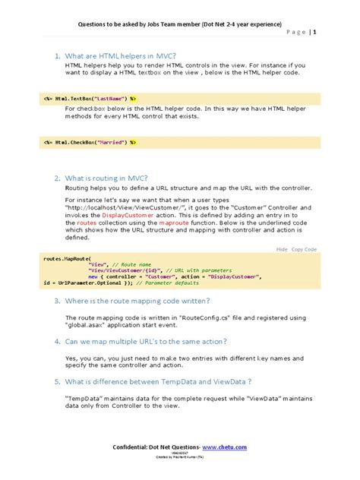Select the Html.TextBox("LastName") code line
coord(90,98)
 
